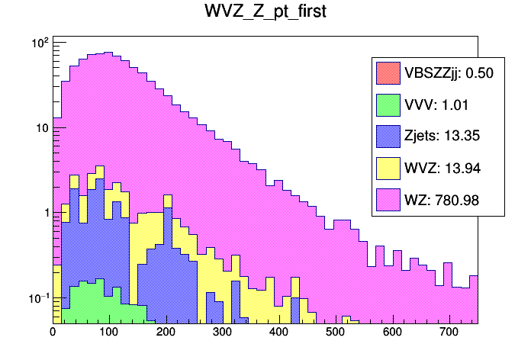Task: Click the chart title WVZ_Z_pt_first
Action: pos(265,14)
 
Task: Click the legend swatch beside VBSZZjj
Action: pos(388,73)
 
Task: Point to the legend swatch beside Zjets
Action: pos(388,137)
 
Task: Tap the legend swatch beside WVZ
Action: pos(388,169)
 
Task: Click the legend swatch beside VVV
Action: pos(388,105)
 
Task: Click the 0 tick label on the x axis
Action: pos(53,332)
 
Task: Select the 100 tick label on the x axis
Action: pos(109,332)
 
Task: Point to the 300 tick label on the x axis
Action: pos(223,332)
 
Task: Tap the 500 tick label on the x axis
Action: pos(336,332)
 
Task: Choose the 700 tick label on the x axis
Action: pos(449,332)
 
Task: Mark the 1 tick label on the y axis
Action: pos(44,213)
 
